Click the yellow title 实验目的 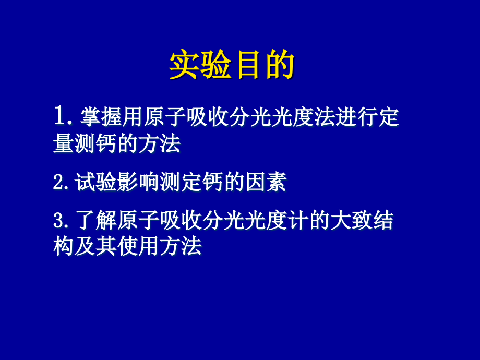click(x=232, y=65)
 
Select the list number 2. click(x=58, y=183)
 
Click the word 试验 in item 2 click(x=94, y=183)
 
